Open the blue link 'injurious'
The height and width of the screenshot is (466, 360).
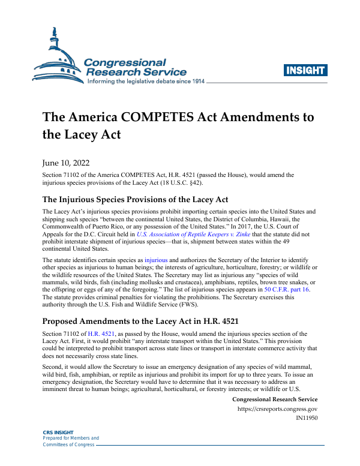click(x=157, y=261)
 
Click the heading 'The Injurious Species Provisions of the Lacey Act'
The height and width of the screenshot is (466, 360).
click(x=135, y=199)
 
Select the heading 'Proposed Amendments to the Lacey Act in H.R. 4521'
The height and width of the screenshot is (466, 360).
click(x=140, y=321)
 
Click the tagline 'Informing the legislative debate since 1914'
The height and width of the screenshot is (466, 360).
click(x=146, y=81)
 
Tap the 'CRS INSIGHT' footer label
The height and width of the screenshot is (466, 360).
click(x=58, y=432)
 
